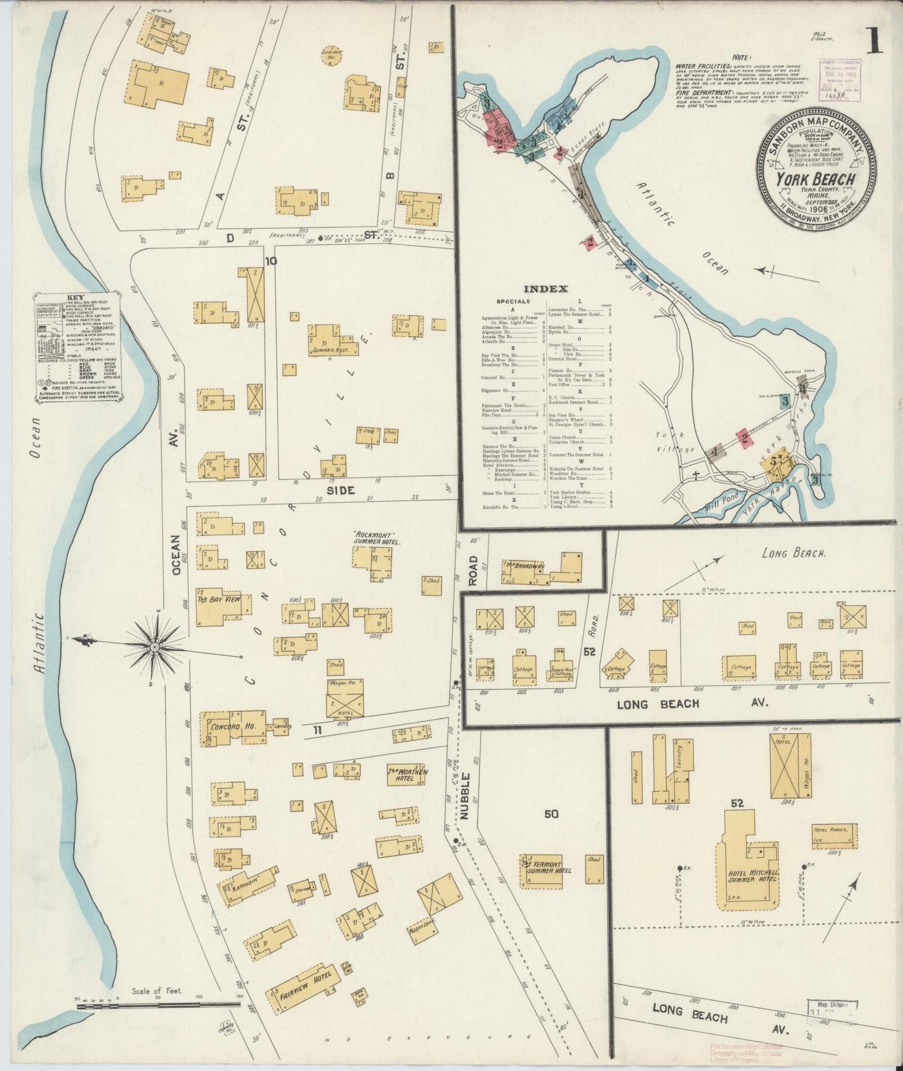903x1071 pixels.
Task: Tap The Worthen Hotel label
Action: [x=407, y=775]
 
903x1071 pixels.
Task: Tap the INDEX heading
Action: [x=545, y=289]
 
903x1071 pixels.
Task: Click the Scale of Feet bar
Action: [x=156, y=1005]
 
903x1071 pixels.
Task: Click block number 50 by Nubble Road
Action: [x=551, y=814]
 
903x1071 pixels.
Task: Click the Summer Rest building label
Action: [x=328, y=351]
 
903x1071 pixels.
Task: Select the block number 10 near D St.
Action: [x=270, y=261]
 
